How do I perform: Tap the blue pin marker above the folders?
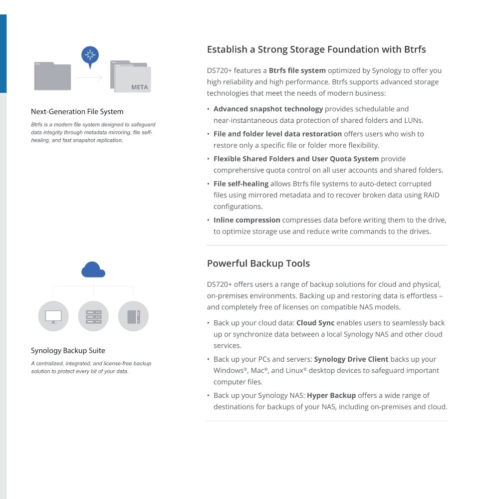tap(90, 55)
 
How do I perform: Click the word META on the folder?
tap(140, 87)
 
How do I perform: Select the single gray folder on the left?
tap(52, 76)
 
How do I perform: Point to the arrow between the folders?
tap(90, 78)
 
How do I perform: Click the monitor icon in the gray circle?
tap(53, 316)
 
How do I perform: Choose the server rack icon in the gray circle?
tap(93, 316)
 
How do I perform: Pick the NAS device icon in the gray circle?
tap(133, 316)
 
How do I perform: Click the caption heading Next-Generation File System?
tap(77, 112)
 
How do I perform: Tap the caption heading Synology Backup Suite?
tap(68, 351)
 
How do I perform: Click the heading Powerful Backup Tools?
tap(258, 263)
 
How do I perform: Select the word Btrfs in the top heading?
tap(412, 49)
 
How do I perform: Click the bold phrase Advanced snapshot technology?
tap(268, 109)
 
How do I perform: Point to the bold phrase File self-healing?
tap(241, 184)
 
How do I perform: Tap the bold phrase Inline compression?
tap(246, 220)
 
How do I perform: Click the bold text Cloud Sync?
tap(315, 323)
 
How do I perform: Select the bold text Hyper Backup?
tap(331, 395)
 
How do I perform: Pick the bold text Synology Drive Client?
tap(351, 359)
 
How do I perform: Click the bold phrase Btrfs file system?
tap(297, 70)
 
